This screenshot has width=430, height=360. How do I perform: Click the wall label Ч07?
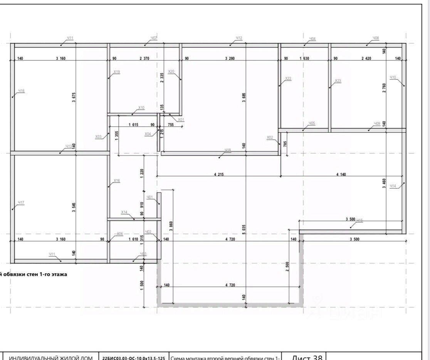pos(154,38)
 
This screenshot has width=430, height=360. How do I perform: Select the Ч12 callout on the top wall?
pos(239,38)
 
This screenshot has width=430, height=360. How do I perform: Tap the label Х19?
pos(117,72)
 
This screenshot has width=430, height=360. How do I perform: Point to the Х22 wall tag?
pos(288,79)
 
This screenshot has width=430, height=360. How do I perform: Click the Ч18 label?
pos(228,150)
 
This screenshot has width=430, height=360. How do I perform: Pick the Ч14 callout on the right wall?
pos(393,186)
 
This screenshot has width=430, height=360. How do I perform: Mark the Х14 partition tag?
pos(124,212)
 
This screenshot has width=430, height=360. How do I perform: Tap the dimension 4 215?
pos(219,175)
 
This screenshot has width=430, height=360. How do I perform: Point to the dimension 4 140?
pos(341,175)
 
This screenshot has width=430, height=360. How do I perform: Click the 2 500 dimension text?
pos(287,267)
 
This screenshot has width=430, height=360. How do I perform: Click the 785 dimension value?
pos(285,144)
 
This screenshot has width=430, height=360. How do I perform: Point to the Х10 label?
pos(141,108)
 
